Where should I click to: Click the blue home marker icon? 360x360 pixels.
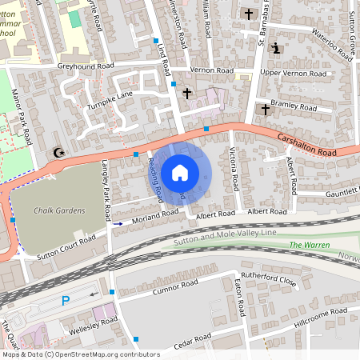(x=180, y=173)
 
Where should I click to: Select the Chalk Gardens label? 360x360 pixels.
(x=59, y=211)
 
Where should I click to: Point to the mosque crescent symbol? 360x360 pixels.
(x=57, y=152)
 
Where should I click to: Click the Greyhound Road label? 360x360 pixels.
(x=86, y=66)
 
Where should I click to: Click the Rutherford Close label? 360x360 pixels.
(x=269, y=280)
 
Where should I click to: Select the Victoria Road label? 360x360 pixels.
(x=233, y=169)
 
